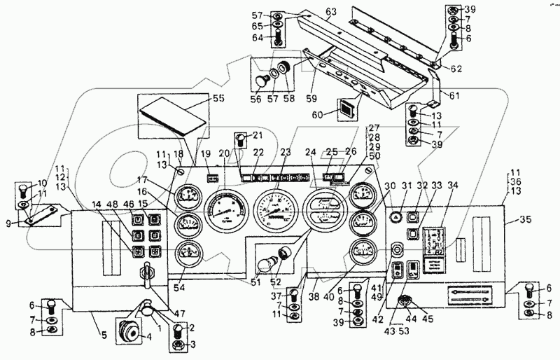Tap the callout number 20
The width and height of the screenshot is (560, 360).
224,153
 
